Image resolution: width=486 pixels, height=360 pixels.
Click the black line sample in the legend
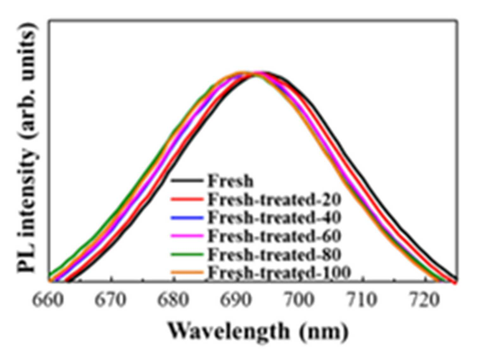click(187, 181)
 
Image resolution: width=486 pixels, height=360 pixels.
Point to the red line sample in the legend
click(187, 199)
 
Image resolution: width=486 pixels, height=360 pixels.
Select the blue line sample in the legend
click(187, 217)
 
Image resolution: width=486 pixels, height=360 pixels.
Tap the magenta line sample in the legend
click(187, 236)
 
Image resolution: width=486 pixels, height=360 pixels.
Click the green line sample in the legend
click(187, 254)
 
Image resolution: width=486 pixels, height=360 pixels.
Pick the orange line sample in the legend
click(187, 272)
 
